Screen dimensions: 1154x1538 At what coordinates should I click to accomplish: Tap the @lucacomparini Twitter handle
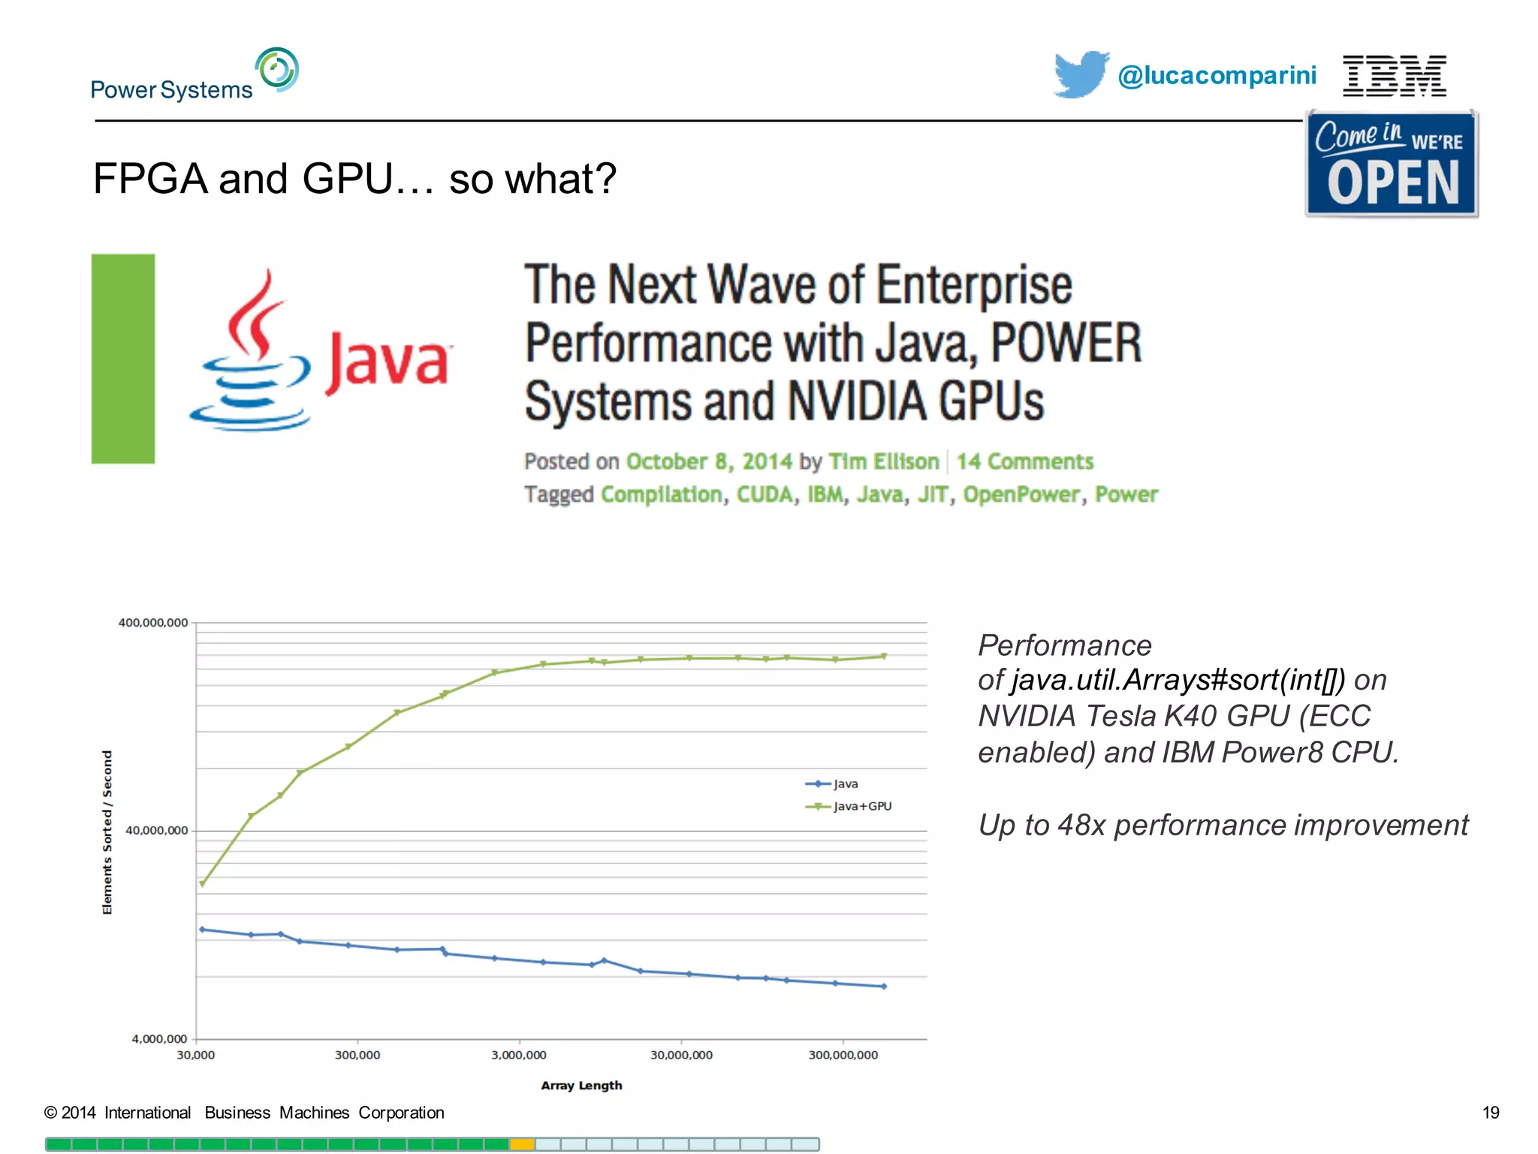coord(1217,76)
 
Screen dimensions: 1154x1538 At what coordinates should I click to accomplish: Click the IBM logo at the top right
coord(1394,76)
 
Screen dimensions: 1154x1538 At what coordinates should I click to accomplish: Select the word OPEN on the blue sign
coord(1393,183)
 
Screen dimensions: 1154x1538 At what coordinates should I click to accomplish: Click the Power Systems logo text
coord(171,90)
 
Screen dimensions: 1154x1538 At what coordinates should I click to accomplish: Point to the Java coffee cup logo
coord(252,353)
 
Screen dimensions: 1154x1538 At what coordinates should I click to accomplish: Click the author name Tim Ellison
coord(883,461)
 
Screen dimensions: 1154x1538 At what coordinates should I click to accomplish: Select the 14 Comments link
coord(1024,461)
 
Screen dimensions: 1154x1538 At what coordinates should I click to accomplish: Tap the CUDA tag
coord(764,494)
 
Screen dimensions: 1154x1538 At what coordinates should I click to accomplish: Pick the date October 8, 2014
coord(708,461)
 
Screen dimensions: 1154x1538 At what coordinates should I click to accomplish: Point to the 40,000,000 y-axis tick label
coord(156,830)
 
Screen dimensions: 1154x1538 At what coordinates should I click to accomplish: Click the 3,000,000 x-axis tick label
coord(518,1055)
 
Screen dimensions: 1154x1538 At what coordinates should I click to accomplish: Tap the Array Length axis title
coord(581,1086)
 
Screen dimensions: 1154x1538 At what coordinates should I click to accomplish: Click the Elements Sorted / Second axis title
coord(107,832)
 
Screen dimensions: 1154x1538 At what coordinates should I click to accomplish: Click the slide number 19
coord(1490,1113)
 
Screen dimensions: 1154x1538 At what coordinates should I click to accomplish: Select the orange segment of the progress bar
coord(522,1144)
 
